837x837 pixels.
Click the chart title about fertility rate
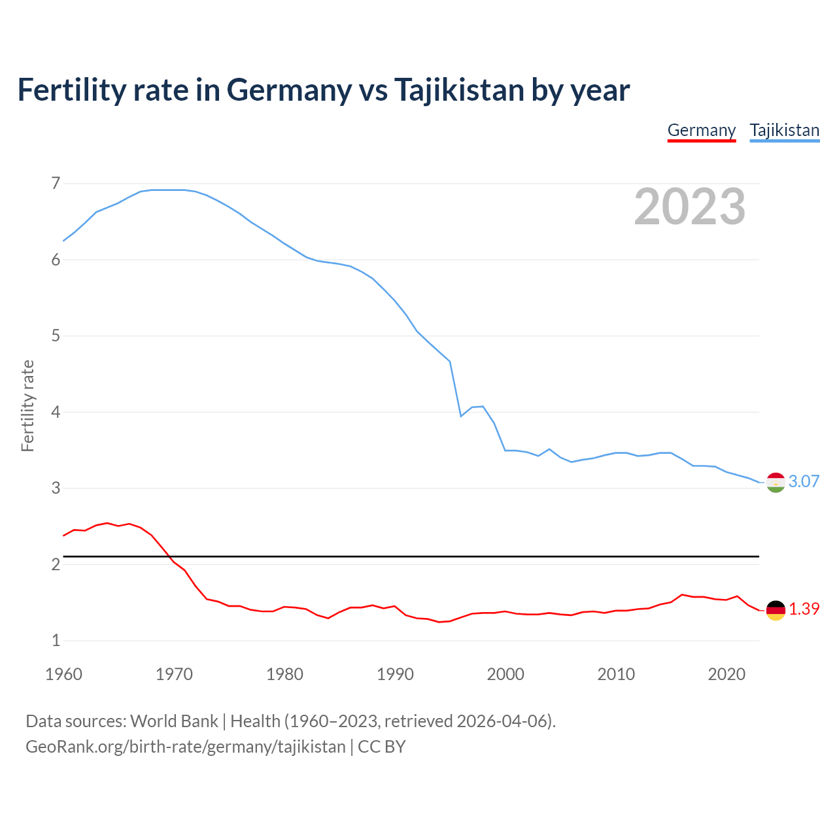point(324,90)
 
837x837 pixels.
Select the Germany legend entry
point(701,130)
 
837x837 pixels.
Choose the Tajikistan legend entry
point(784,130)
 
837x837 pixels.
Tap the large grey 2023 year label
point(689,207)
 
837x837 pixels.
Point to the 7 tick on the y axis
point(56,183)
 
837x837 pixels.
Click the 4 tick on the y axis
point(56,412)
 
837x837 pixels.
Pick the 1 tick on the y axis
point(56,640)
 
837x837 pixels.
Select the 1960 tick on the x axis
point(63,674)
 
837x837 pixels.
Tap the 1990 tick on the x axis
point(395,674)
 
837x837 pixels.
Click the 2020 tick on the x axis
point(726,674)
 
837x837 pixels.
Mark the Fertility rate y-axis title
point(27,405)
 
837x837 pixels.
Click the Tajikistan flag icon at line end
point(776,482)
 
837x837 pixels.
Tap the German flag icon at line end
point(776,609)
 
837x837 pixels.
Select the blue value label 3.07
point(804,481)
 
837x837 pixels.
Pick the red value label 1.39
point(804,609)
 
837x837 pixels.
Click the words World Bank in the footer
point(174,721)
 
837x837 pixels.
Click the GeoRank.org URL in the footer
point(185,747)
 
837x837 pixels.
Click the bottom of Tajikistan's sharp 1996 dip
point(461,416)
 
